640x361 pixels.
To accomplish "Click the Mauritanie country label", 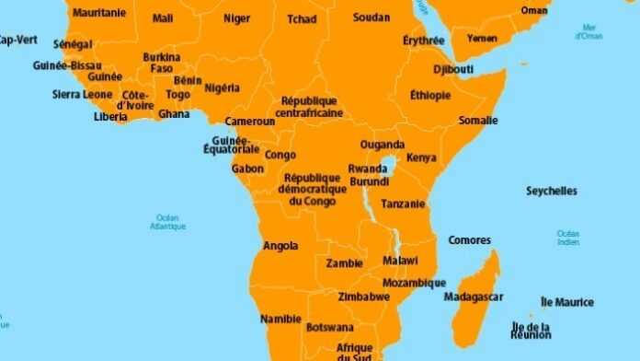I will coord(99,13).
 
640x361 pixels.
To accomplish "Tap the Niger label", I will coord(236,17).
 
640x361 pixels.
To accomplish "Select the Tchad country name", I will coord(302,19).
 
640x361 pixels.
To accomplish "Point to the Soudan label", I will coord(371,17).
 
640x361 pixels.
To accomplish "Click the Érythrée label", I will coord(424,41).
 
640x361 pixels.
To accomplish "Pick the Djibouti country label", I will coord(453,69).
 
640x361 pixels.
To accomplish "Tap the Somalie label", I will coord(478,121).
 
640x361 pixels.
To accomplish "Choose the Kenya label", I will coord(421,157).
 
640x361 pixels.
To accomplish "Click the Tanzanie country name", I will coord(404,204).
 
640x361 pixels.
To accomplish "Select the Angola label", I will coord(280,246).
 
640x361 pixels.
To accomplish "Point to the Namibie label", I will coord(280,319).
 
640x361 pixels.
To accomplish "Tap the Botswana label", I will coord(329,327).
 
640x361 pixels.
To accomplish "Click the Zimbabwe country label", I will coord(363,297).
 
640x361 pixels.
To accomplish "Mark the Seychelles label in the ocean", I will coord(552,192).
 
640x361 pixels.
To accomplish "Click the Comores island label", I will coord(469,240).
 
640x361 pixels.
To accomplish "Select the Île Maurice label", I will coord(567,302).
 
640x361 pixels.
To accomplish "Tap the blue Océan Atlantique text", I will coord(168,222).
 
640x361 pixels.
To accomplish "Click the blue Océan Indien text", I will coord(568,238).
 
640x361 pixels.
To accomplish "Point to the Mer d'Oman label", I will coord(589,32).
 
